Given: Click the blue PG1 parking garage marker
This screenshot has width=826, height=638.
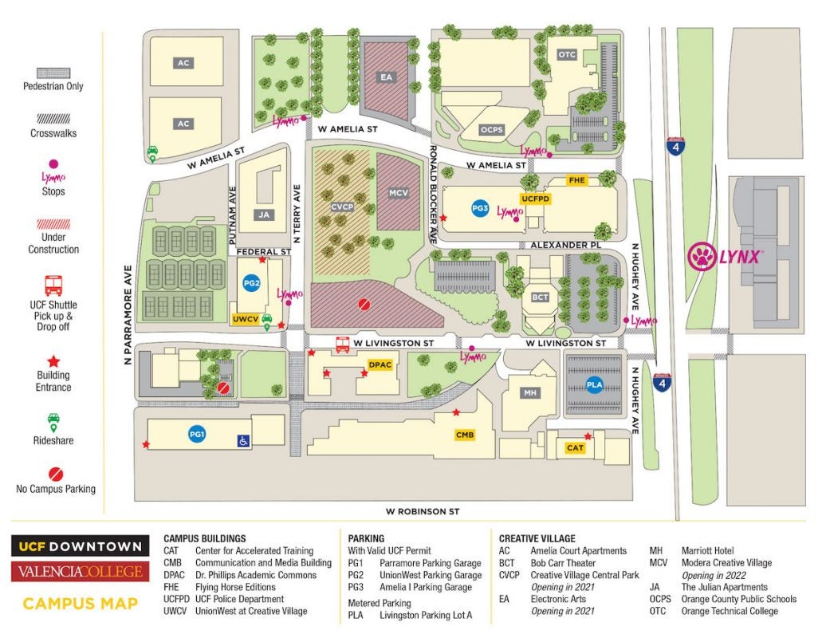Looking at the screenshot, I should click(x=197, y=435).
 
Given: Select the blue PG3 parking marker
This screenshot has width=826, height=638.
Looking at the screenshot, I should click(x=479, y=208).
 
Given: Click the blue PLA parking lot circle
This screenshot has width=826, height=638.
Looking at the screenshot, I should click(x=594, y=385).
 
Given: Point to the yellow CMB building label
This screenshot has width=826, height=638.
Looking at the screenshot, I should click(x=465, y=435).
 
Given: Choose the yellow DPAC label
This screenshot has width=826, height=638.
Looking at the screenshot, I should click(x=381, y=365).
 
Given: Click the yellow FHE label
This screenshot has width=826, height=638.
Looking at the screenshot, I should click(x=576, y=181).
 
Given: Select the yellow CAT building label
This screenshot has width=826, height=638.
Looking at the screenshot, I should click(x=575, y=448).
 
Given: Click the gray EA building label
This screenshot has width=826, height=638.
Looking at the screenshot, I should click(x=385, y=77).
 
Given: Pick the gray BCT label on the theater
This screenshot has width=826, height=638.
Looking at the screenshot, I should click(x=540, y=297).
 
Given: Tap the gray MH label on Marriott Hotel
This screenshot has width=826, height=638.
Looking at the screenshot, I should click(x=529, y=392).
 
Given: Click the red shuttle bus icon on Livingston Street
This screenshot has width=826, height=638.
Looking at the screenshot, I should click(x=343, y=345).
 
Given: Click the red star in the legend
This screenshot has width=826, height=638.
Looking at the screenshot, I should click(x=53, y=361).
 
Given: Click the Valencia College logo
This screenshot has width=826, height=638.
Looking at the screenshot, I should click(x=80, y=572).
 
